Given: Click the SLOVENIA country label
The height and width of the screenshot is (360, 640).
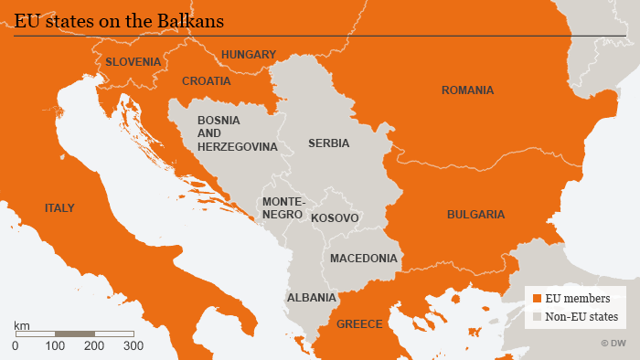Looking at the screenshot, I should pos(133,62).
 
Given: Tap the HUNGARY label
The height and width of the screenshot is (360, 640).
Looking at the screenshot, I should pos(248,55).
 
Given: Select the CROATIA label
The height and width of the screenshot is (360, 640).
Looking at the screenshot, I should pos(207,81).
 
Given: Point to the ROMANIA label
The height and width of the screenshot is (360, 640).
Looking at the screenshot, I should pos(467,90).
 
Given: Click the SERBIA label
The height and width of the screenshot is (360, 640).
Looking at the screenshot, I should pos(328,143).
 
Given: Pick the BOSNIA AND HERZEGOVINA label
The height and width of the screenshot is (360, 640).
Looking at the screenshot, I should pos(237,133).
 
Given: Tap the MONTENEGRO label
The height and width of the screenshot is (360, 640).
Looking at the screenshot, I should pos(283,207).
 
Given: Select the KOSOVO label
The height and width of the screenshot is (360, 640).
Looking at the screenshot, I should pos(335,218).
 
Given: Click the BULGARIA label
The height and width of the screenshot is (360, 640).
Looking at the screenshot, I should pos(475,215).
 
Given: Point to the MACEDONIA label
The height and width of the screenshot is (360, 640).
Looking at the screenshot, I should pos(364,259).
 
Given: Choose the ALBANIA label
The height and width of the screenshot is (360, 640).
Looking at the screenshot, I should pos(312,298).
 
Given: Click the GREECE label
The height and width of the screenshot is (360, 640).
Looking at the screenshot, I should pos(359,324).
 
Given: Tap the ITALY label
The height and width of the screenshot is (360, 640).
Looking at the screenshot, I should pos(59,208).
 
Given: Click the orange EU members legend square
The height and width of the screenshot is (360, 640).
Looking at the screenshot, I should pos(537,298).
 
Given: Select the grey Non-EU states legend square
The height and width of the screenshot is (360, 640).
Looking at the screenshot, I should pos(537,317).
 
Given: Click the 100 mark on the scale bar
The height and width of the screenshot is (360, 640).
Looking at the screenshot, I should pos(55,345).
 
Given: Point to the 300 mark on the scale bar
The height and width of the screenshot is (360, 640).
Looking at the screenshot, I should pos(133,345).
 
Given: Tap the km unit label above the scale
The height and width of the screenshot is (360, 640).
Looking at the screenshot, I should pos(22,325).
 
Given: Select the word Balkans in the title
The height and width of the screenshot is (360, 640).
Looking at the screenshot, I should pos(191,19).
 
